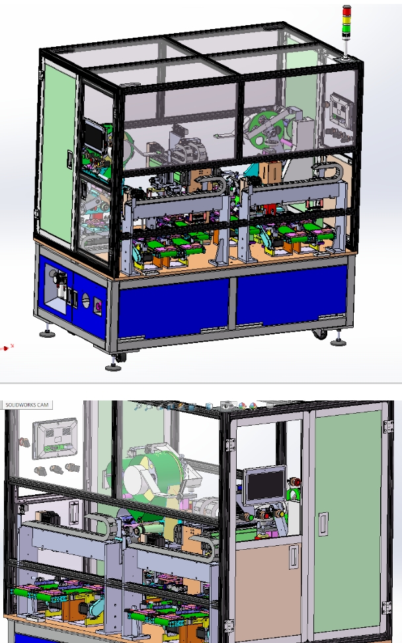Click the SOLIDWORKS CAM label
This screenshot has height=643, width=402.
27,404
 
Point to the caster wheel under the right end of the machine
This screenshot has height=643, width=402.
320,334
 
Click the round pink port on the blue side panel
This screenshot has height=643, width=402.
98,305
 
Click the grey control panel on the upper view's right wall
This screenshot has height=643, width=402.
339,108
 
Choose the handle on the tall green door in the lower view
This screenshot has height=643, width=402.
323,524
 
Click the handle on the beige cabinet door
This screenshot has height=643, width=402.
292,556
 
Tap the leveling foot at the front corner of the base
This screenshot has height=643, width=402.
110,365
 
